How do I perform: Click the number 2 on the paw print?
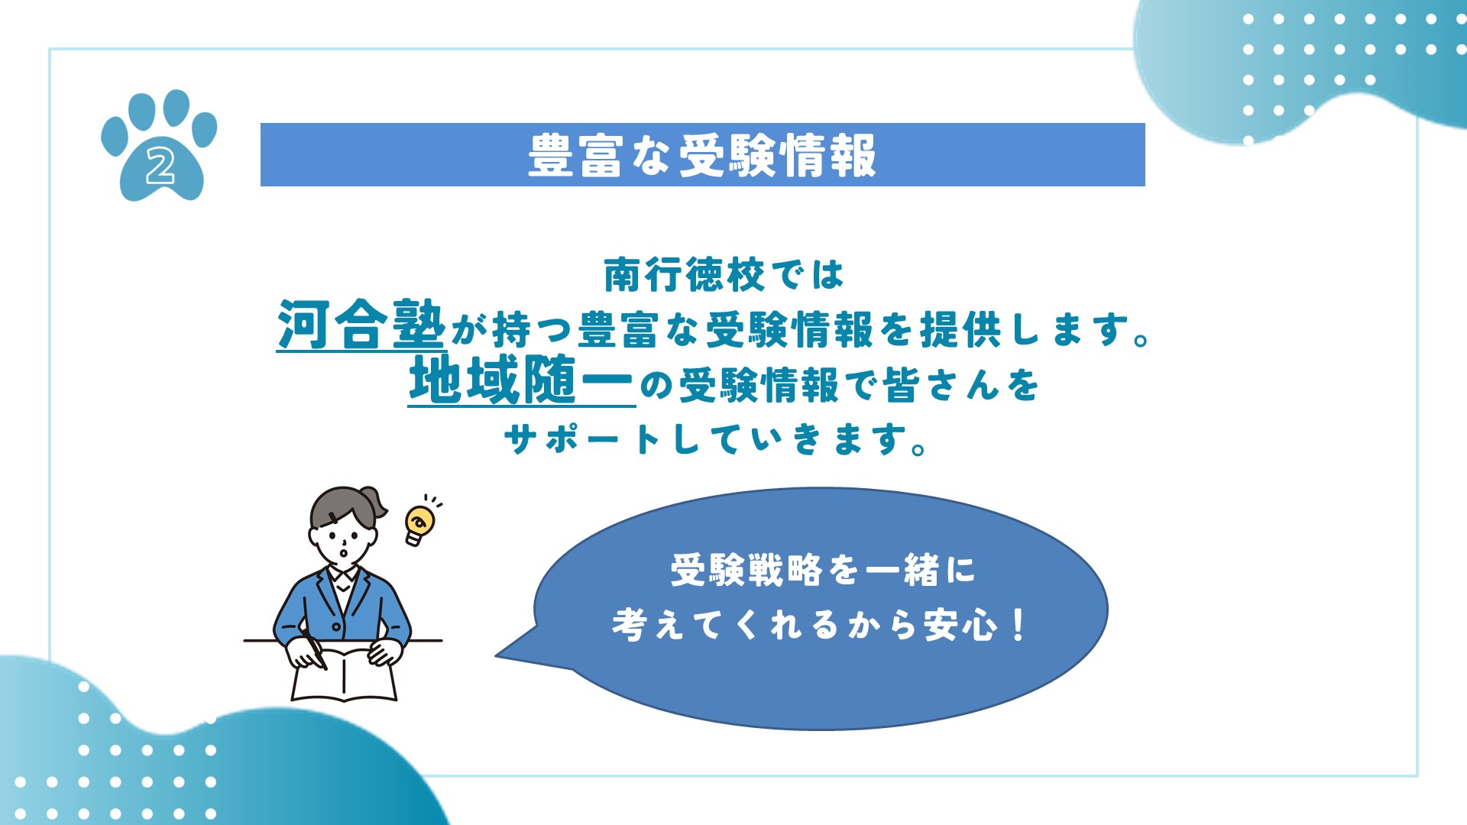160,166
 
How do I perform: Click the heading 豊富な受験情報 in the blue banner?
702,155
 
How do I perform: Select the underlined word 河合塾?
360,325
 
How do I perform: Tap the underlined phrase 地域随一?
521,380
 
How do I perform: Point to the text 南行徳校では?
724,275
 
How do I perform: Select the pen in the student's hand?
315,651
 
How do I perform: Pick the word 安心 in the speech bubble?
960,625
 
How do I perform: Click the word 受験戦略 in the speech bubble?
746,570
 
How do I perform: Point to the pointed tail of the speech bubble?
497,655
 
